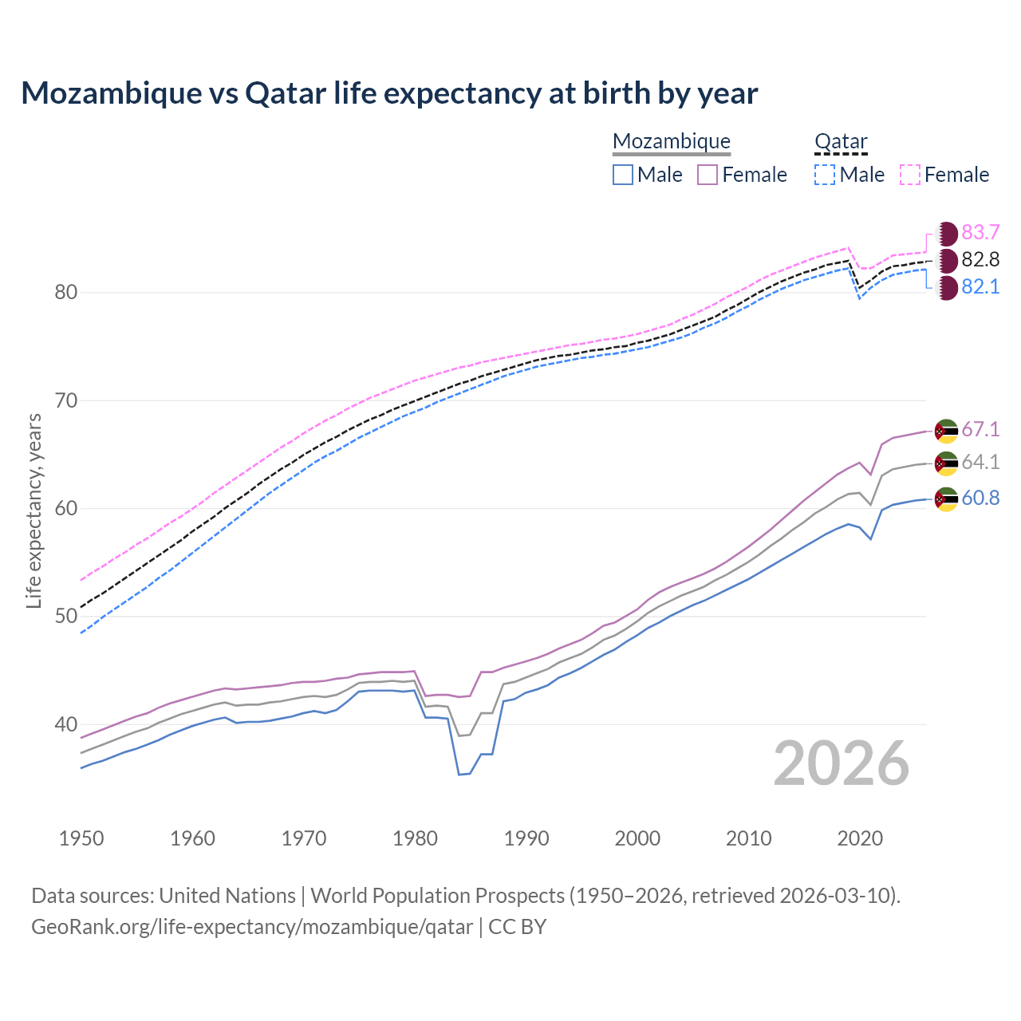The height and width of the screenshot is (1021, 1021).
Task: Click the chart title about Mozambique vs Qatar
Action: coord(389,93)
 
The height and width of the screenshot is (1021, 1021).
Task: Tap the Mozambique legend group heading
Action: coord(672,141)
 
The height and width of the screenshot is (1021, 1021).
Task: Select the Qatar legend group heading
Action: coord(841,141)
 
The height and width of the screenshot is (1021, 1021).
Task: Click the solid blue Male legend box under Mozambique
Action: coord(623,175)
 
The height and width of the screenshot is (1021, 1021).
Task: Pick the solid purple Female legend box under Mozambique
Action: coord(708,175)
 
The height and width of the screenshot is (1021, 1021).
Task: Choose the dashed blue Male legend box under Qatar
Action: coord(825,175)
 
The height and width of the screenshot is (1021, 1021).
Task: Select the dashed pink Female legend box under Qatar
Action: coord(910,175)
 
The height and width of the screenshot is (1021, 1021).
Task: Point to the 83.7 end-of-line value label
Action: coord(980,232)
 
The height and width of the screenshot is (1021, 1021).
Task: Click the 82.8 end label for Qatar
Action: coord(980,259)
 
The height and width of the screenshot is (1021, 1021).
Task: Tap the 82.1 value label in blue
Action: coord(980,287)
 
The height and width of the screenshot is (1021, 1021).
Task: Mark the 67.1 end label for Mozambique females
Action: coord(980,429)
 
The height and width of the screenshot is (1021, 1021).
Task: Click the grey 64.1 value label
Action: coord(980,463)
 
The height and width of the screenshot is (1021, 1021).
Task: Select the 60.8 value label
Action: coord(980,499)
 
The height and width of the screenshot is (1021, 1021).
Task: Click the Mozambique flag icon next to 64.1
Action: coord(946,463)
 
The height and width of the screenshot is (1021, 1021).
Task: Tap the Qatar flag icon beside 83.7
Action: coord(946,234)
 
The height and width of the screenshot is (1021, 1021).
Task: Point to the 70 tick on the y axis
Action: coord(66,400)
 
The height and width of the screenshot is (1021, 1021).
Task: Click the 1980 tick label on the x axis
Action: coord(416,838)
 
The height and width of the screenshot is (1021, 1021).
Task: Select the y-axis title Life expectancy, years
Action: coord(34,510)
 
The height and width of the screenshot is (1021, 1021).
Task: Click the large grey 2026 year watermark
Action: coord(842,763)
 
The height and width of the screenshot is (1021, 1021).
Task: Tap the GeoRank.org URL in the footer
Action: coord(252,927)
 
